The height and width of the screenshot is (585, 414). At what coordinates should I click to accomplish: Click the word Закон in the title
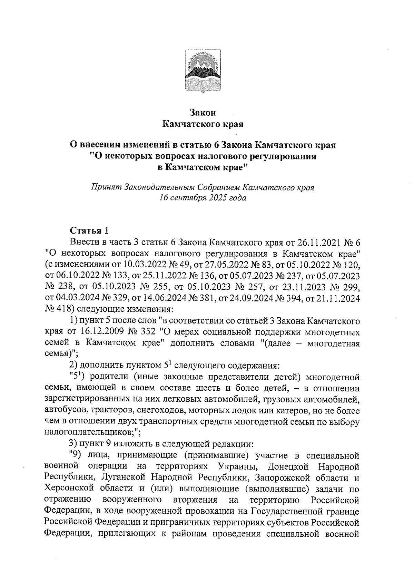point(203,112)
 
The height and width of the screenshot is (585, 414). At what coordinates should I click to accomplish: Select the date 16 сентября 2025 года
point(203,198)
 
